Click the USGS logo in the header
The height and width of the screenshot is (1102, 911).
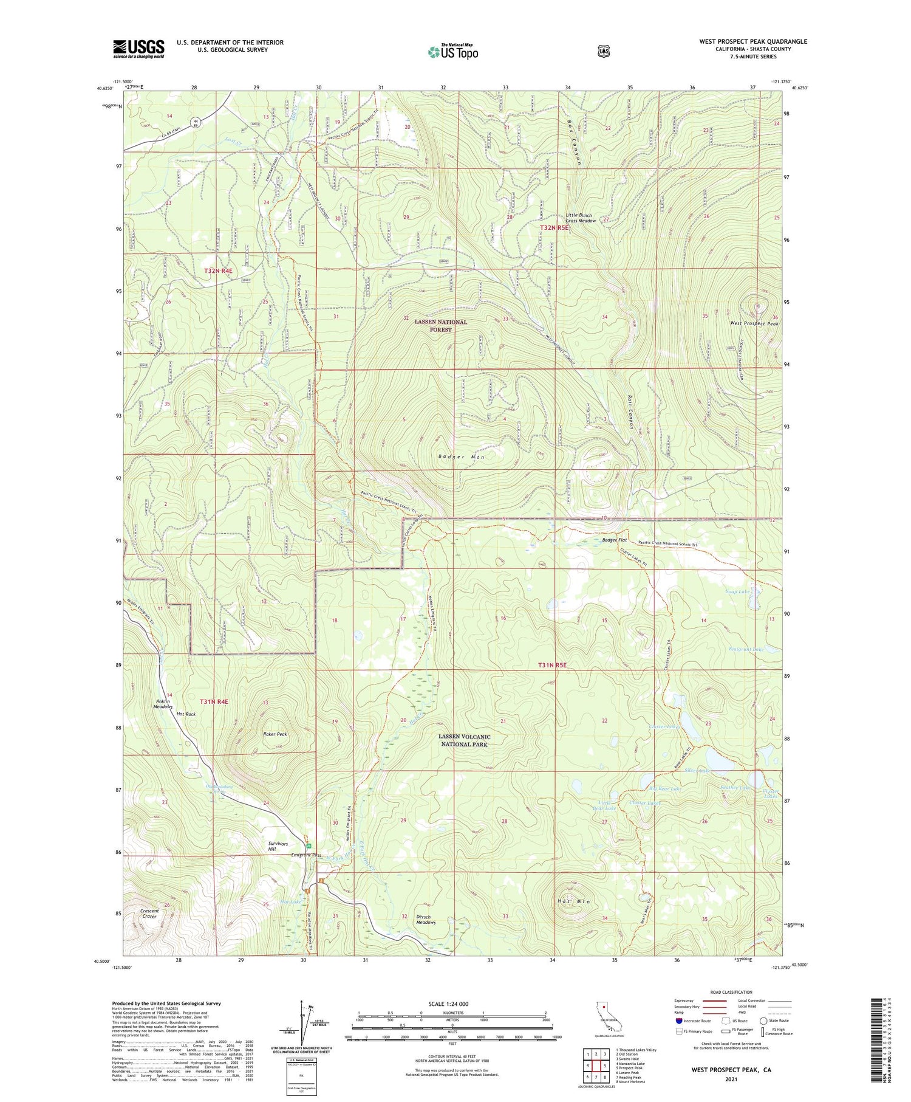[x=138, y=49]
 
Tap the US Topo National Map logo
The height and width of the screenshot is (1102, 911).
[x=452, y=52]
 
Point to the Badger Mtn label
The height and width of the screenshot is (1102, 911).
[x=462, y=456]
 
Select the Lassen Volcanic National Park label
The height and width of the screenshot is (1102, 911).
[x=464, y=740]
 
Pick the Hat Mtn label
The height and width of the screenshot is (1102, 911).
[x=565, y=901]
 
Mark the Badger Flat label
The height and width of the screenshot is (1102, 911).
[x=614, y=540]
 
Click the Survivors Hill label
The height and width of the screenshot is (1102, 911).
[x=278, y=847]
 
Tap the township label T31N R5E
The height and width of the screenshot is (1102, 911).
[x=551, y=665]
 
